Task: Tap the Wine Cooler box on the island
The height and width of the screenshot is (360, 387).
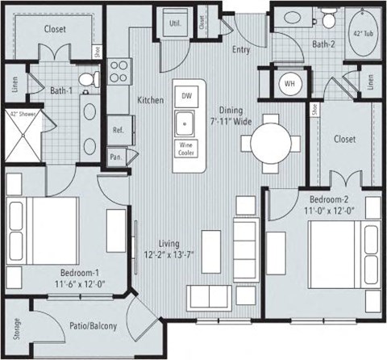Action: point(186,150)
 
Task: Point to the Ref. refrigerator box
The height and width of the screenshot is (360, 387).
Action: point(118,130)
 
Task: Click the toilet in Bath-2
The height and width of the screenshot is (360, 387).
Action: point(329,19)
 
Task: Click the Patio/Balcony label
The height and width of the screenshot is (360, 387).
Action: point(95,327)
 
